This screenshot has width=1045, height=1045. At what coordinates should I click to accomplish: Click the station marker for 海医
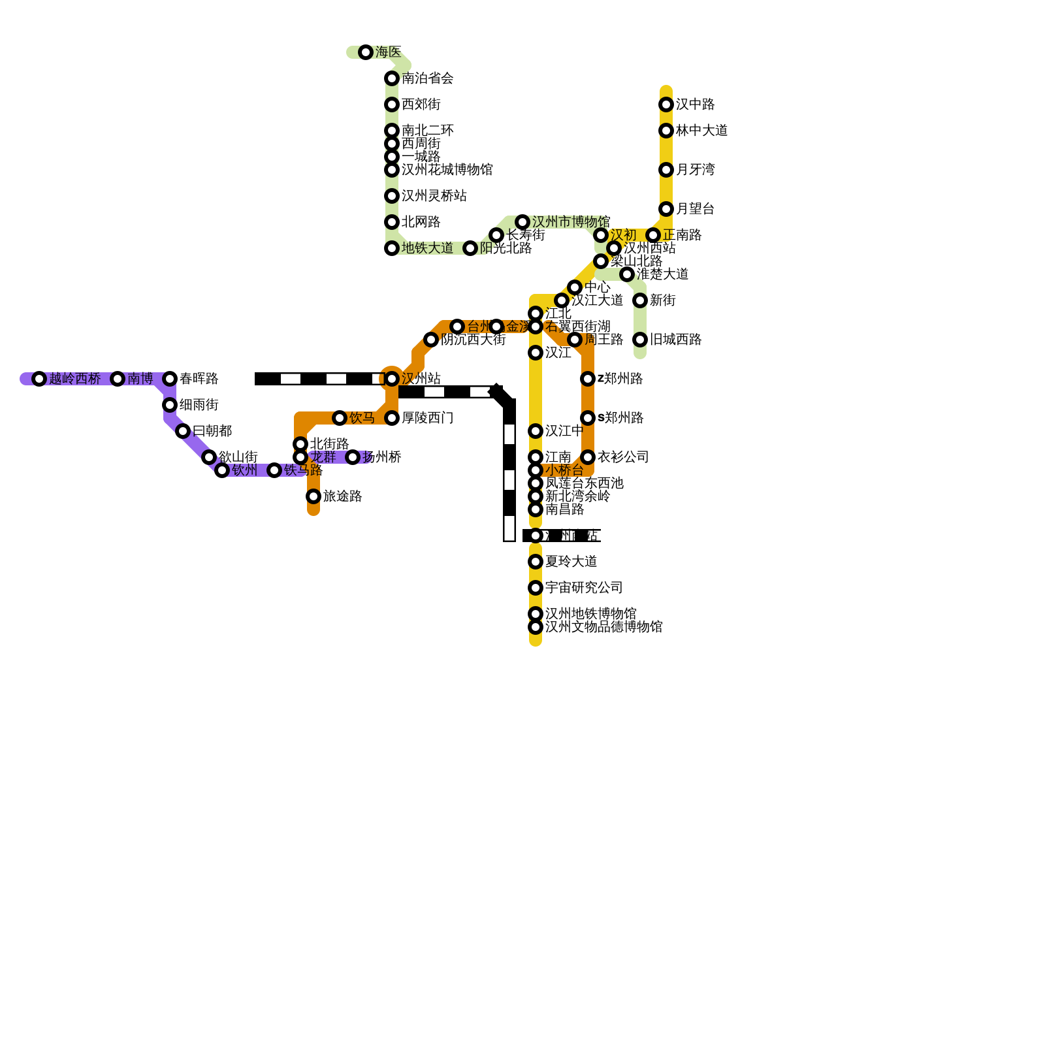point(366,52)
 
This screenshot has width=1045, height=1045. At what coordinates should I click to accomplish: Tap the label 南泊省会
point(427,78)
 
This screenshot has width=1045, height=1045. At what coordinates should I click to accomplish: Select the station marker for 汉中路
point(666,104)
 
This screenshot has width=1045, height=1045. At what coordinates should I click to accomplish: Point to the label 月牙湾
point(695,170)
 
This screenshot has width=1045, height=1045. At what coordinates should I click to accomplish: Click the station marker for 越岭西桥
point(39,379)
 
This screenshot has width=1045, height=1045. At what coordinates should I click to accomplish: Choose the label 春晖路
point(199,379)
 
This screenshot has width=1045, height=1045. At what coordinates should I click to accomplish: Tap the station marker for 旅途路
point(313,496)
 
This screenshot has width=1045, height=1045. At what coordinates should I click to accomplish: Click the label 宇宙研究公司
point(584,588)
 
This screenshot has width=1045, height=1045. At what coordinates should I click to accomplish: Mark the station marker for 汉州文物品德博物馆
point(536,627)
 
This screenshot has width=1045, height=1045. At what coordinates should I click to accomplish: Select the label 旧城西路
point(675,340)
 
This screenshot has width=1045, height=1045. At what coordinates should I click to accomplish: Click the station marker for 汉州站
point(392,379)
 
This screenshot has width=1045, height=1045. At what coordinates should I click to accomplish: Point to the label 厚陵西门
point(427,418)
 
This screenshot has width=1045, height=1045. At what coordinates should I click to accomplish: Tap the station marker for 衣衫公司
point(588,457)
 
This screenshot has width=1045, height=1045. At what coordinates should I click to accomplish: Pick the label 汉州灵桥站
point(434,196)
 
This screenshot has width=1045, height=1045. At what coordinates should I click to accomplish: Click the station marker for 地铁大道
point(392,248)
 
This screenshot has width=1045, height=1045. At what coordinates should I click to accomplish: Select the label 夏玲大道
point(571,562)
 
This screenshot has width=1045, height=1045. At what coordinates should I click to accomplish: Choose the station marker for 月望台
point(666,209)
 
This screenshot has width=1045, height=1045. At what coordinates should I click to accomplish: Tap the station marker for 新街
point(640,300)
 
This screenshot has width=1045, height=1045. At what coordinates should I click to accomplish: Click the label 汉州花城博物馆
point(447,170)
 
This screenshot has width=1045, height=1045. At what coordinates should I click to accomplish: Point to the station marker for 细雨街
point(170,405)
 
